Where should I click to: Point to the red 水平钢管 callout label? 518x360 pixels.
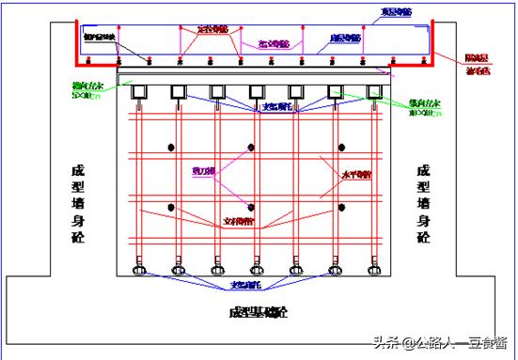point(358,175)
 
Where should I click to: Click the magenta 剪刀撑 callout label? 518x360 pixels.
point(203,172)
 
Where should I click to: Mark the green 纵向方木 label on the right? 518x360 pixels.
point(425,102)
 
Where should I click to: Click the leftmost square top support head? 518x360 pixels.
point(138,91)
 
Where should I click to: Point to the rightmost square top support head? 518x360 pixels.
point(371,91)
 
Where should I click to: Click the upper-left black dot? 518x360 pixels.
point(170,148)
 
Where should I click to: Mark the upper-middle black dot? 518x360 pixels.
point(251,148)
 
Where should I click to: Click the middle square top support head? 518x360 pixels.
point(255,91)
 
